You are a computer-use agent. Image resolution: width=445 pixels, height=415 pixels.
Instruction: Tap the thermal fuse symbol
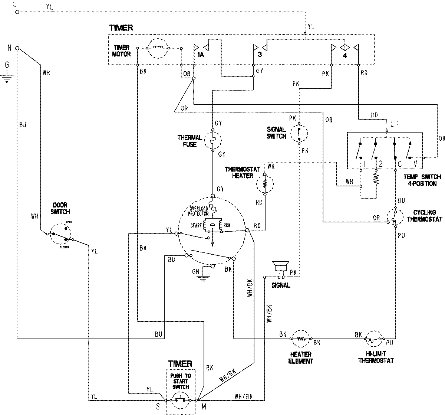coord(213,140)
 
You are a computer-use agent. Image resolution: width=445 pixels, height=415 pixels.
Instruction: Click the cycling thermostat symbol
coord(395,217)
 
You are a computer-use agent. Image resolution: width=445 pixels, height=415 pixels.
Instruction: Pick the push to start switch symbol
coord(180,400)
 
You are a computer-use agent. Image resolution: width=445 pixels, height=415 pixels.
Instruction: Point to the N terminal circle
coord(17,48)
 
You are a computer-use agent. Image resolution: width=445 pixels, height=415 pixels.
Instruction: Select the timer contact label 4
coord(345,56)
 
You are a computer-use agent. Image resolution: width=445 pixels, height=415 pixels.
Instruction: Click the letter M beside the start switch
coord(204,407)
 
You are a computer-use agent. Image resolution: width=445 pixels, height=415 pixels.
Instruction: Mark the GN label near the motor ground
coord(195,272)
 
